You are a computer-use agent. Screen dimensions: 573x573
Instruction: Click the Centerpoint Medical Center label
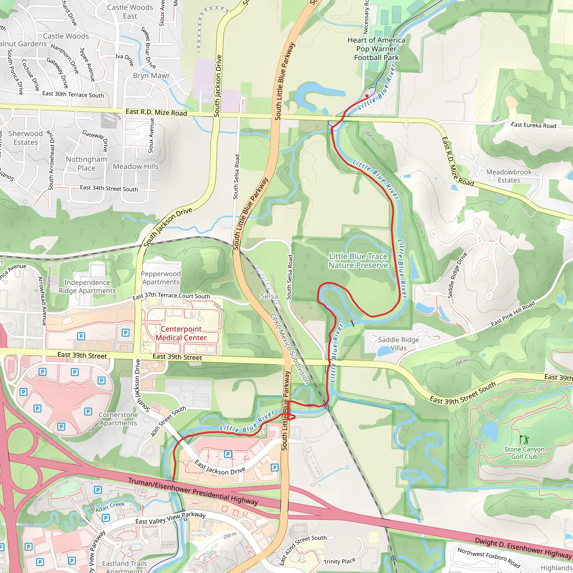181,333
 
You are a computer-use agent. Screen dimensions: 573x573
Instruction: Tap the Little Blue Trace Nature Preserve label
358,261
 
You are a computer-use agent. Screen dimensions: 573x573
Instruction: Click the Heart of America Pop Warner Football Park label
376,49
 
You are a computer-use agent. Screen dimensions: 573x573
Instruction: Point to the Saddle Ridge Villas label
398,344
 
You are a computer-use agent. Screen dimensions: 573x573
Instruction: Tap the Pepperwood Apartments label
161,278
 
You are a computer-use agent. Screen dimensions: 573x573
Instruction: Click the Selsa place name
269,296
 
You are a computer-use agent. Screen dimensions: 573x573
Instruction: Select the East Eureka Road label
533,125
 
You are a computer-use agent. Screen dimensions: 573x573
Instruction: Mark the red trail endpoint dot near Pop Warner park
367,96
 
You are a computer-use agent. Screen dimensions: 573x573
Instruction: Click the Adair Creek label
110,507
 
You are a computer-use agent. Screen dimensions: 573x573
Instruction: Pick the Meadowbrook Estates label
509,176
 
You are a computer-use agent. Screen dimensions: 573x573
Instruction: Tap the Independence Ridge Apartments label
87,286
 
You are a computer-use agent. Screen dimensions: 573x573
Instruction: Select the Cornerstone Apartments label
118,419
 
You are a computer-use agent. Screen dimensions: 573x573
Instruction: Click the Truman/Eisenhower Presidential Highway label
193,491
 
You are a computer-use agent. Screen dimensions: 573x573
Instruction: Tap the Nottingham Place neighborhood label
86,163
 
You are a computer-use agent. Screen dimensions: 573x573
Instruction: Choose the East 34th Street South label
109,188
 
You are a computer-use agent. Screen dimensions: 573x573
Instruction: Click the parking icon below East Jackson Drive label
274,468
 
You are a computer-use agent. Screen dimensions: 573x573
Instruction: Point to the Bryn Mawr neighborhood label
151,76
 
